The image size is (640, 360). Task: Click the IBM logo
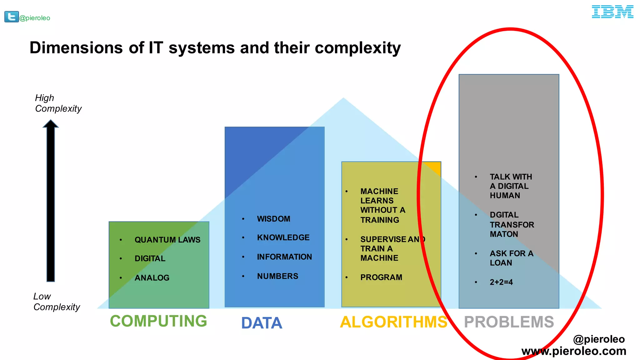click(x=612, y=12)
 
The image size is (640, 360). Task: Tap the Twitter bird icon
click(x=11, y=17)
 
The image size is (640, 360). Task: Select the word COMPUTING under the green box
click(x=158, y=321)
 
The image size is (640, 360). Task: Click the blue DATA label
click(x=262, y=323)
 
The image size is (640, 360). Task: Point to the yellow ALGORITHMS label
click(x=393, y=322)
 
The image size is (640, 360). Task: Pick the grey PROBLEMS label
click(x=509, y=322)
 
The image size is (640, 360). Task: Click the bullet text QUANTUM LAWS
click(x=167, y=240)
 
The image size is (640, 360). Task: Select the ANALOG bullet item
click(x=152, y=278)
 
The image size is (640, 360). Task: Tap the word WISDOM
click(x=273, y=219)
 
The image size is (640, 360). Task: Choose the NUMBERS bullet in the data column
click(x=277, y=276)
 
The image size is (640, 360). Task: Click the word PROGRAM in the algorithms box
click(x=381, y=277)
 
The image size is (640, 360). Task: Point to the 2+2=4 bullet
click(x=501, y=282)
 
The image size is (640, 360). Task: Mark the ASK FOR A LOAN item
click(x=511, y=258)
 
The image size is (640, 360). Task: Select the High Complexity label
click(x=58, y=103)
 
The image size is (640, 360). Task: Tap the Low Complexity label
click(x=57, y=302)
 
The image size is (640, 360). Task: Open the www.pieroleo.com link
click(x=574, y=351)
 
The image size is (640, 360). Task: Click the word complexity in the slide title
click(x=357, y=48)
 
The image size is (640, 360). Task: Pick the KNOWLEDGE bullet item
click(x=283, y=237)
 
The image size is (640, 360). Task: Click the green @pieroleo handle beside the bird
click(x=35, y=18)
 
